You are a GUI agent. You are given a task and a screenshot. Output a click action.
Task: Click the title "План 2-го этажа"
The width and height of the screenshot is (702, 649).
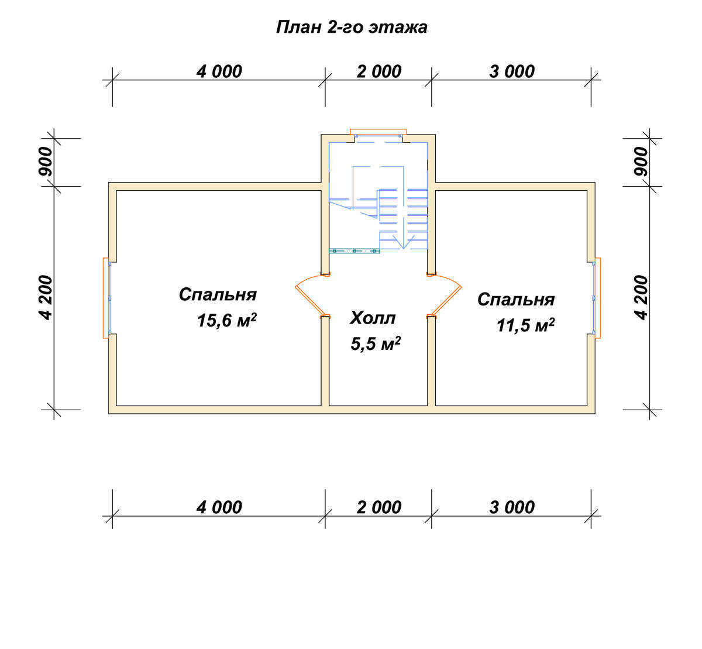tap(352, 28)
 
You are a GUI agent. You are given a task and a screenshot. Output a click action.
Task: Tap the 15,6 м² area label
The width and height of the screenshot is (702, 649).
tap(226, 321)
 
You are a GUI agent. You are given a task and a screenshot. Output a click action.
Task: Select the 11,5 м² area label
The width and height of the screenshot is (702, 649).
tap(525, 325)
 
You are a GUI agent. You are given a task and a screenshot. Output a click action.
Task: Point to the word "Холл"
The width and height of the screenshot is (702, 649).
tap(373, 318)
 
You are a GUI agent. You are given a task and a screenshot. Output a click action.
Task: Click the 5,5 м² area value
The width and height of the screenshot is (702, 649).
tap(376, 343)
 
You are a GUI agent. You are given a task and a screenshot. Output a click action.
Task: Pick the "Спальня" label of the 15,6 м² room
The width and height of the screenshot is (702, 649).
tap(218, 294)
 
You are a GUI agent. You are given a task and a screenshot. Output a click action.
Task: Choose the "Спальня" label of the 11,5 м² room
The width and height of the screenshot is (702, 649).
tap(516, 300)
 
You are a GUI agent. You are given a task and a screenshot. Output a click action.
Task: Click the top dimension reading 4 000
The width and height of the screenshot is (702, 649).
tap(219, 71)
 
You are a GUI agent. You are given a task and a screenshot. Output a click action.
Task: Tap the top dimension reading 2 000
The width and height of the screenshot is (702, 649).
tap(379, 71)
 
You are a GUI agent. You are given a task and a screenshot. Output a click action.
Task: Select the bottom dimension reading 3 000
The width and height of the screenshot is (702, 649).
tap(512, 507)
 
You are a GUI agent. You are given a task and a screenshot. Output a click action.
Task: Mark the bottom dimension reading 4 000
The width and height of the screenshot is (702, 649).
tap(219, 507)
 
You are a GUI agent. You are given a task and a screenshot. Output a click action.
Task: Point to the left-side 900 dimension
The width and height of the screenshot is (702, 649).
tap(45, 162)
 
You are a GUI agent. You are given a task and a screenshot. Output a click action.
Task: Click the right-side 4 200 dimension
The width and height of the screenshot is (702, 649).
tap(641, 298)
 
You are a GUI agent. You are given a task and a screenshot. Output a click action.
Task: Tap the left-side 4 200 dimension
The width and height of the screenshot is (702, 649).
tap(45, 298)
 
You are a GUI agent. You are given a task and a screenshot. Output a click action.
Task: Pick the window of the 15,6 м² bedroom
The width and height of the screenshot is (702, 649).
tap(106, 298)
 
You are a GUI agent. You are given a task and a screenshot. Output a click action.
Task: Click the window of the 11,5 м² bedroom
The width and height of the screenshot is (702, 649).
tap(597, 298)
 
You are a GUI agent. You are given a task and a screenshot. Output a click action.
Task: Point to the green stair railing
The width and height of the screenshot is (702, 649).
tap(355, 250)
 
